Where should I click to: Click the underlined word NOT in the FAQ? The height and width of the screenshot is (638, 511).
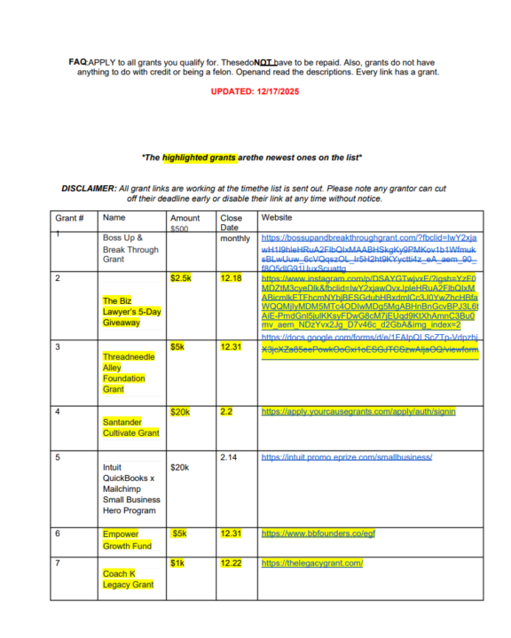coord(263,62)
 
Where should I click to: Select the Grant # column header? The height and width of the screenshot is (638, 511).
coord(69,218)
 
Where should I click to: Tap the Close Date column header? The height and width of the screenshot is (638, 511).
coord(231,222)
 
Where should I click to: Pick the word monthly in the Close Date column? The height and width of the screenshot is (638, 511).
coord(235,238)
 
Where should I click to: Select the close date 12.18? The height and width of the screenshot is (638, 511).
coord(231,277)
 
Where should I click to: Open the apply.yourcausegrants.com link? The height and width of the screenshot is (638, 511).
coord(358,411)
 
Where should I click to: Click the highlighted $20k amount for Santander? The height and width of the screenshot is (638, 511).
coord(181,411)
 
